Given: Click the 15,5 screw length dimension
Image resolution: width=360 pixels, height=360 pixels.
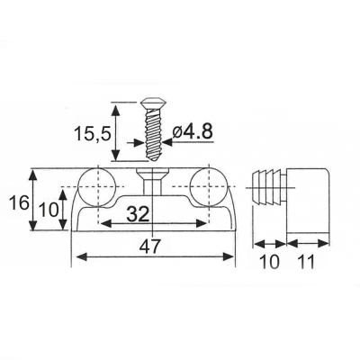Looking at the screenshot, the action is coord(93,133).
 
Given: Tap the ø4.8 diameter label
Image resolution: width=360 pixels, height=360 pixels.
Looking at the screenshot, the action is coord(193,131).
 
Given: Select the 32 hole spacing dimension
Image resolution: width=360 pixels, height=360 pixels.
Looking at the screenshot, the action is coord(138,214).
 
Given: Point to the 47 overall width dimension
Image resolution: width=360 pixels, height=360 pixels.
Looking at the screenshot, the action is coord(151,247).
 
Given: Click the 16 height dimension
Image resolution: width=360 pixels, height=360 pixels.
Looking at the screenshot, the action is coord(19,203).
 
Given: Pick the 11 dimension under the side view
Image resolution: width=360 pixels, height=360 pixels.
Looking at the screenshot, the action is coord(305,262).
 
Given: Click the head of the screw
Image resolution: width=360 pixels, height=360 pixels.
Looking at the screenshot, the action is coord(154,103).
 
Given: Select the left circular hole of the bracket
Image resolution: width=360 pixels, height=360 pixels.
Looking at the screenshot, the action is coord(96,187).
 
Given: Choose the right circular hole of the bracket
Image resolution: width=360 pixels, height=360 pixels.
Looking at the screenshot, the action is coord(209,187).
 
